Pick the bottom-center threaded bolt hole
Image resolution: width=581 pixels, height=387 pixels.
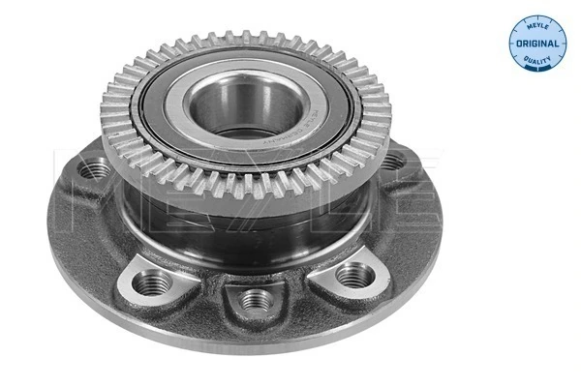(x=255, y=297)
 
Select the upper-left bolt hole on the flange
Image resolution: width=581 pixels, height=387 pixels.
(x=93, y=170)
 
